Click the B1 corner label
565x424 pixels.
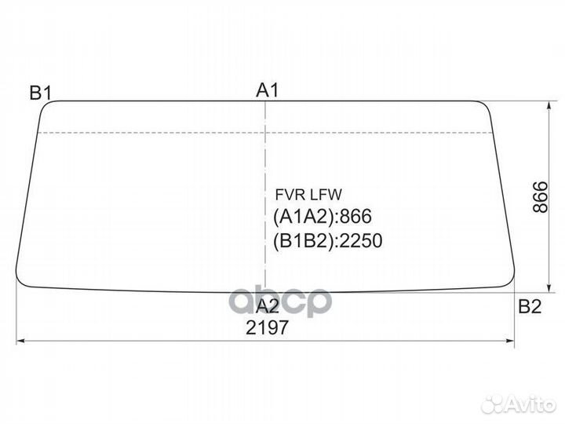click(x=40, y=93)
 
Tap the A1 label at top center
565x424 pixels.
click(x=268, y=90)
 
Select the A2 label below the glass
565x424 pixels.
click(x=268, y=306)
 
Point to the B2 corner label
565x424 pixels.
click(x=530, y=306)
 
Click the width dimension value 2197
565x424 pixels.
click(x=267, y=327)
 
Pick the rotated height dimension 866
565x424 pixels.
click(x=540, y=197)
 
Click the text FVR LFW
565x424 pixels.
click(x=308, y=195)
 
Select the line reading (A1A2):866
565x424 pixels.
click(x=323, y=217)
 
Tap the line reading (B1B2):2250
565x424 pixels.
click(x=327, y=240)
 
